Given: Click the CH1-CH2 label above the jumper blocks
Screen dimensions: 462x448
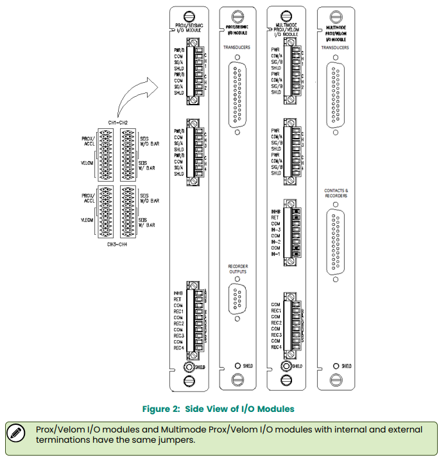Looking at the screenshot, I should (118, 122).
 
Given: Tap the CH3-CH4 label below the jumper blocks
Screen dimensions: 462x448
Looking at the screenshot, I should (118, 244).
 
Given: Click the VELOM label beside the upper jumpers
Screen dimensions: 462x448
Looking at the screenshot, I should (88, 163).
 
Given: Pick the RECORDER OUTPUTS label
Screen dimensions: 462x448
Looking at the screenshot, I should (237, 269).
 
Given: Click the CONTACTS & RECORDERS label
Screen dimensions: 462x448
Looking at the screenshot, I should (336, 193).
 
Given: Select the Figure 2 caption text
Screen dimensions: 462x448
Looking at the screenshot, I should (218, 408).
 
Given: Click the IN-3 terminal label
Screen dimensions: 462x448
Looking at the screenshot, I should (277, 229).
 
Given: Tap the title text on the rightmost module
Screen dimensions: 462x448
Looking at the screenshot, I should (336, 33).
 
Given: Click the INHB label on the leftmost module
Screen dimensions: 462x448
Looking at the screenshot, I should (179, 295).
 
